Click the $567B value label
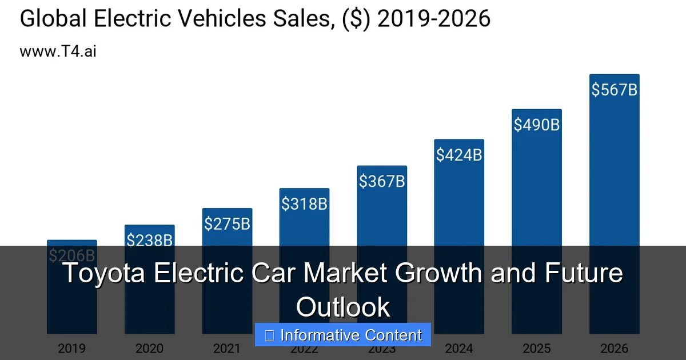(614, 90)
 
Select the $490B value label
(536, 125)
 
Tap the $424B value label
(459, 154)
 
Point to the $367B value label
(382, 181)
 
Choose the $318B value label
(304, 203)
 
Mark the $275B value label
(227, 223)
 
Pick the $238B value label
(149, 241)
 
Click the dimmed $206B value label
(72, 255)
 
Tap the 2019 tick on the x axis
(72, 348)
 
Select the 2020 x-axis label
(149, 348)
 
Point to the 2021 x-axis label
(227, 348)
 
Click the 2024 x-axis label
(459, 348)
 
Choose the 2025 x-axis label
(536, 348)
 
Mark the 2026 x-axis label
(614, 348)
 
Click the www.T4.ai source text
(58, 51)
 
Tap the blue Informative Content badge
(343, 335)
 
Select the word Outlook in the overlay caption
(343, 307)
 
